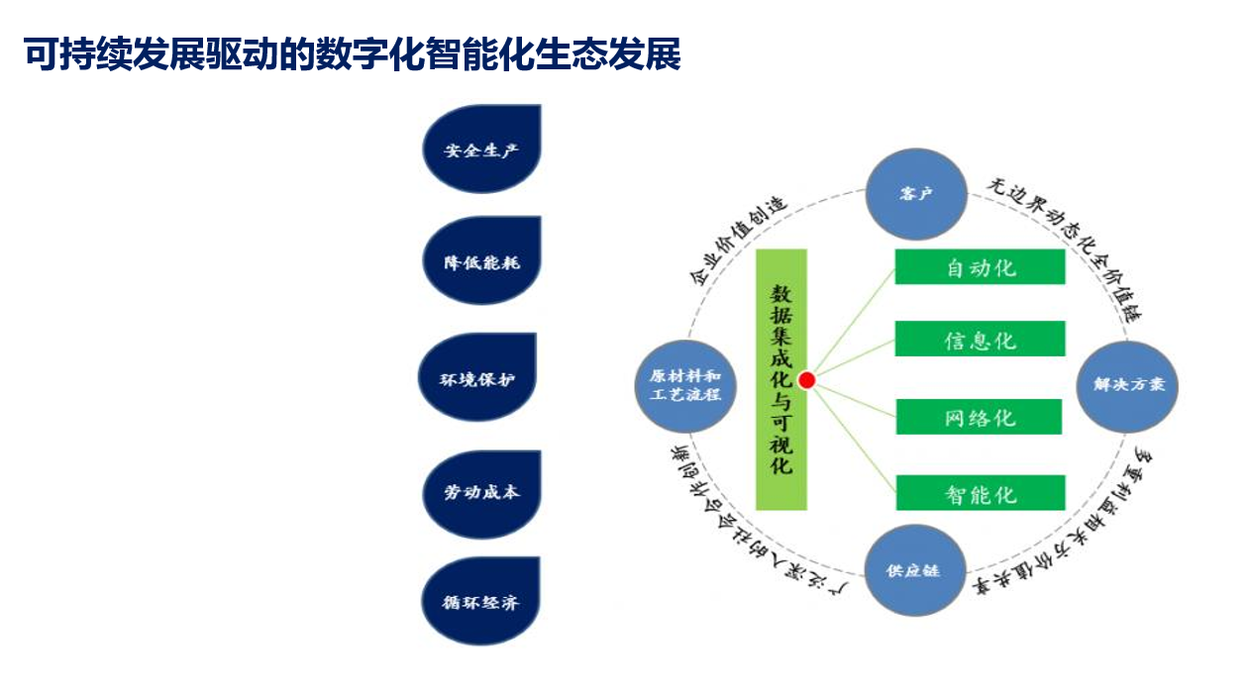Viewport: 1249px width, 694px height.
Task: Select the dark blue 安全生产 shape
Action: [x=481, y=150]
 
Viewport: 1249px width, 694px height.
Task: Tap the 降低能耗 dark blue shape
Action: [x=481, y=262]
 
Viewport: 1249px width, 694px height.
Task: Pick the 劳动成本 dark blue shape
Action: [x=481, y=492]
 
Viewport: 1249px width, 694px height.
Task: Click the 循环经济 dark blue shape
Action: [x=481, y=601]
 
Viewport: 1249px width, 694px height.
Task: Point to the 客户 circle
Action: [x=916, y=194]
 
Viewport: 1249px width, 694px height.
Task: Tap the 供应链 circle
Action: [x=913, y=570]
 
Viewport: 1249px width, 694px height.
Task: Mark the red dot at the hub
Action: [x=806, y=380]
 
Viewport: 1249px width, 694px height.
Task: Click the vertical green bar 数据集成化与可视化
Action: [x=781, y=379]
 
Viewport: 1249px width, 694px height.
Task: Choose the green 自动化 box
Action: [x=980, y=267]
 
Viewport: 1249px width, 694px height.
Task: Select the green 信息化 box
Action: [x=980, y=340]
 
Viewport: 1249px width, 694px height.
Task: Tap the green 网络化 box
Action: [x=979, y=417]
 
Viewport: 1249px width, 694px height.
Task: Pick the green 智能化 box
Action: [x=980, y=493]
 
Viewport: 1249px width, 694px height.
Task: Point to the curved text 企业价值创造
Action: [x=737, y=241]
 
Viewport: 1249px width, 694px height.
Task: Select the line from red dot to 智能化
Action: [x=852, y=436]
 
